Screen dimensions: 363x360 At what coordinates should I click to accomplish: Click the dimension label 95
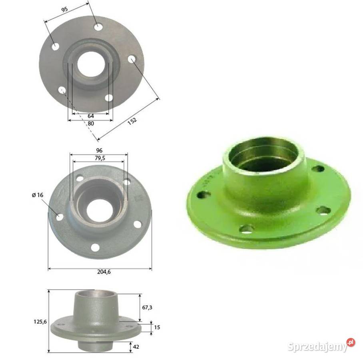pyautogui.click(x=65, y=9)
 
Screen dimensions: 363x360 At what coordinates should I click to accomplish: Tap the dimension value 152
pyautogui.click(x=132, y=121)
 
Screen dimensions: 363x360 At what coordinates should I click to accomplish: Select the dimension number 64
pyautogui.click(x=90, y=116)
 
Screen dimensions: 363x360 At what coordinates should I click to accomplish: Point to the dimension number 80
pyautogui.click(x=91, y=124)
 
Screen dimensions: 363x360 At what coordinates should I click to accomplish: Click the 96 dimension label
pyautogui.click(x=99, y=150)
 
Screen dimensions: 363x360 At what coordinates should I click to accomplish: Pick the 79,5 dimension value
pyautogui.click(x=100, y=158)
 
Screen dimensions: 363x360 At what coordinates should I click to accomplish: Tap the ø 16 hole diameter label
pyautogui.click(x=38, y=195)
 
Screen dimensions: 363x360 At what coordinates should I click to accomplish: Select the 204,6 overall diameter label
pyautogui.click(x=104, y=272)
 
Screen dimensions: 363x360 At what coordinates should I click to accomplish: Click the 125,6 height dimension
pyautogui.click(x=40, y=322)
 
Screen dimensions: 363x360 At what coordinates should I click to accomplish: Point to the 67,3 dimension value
pyautogui.click(x=147, y=308)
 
